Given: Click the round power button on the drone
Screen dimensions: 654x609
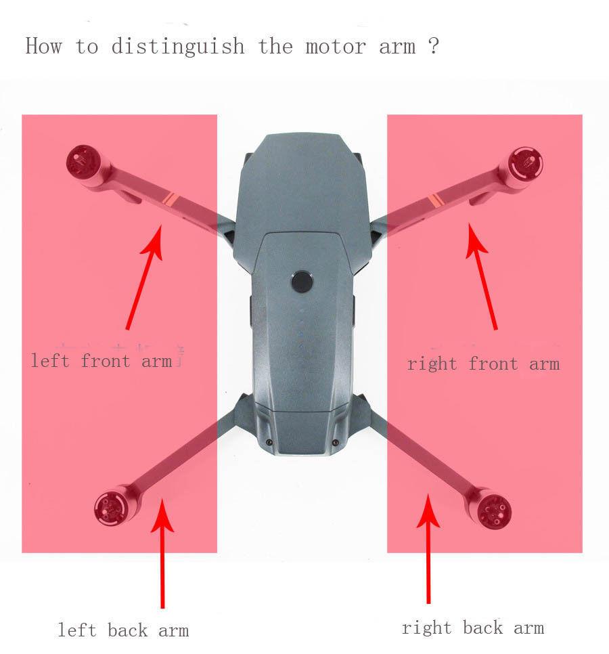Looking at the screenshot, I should (x=302, y=282).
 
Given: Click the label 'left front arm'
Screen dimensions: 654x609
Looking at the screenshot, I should (x=101, y=361).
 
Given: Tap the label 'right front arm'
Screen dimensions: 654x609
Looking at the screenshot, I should (x=483, y=364).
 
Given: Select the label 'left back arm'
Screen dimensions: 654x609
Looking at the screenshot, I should (x=123, y=630).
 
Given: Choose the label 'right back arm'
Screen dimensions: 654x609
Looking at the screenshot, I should (x=473, y=628).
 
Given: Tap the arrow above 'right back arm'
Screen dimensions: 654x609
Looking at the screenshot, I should (x=428, y=548).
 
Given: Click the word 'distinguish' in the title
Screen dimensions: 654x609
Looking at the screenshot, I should (x=178, y=47).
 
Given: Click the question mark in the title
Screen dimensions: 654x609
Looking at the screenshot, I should (x=434, y=47).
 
